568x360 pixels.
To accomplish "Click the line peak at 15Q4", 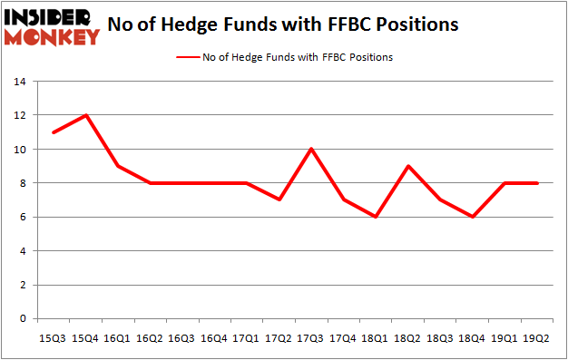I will pos(86,115).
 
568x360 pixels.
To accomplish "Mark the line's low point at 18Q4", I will pos(474,217).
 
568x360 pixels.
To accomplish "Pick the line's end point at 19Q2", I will pos(539,183).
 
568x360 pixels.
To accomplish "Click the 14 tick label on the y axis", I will pos(19,82).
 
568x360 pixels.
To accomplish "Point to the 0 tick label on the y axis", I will pos(22,319).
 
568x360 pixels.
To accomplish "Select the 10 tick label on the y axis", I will pos(19,150).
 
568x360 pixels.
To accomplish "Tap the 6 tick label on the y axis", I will pos(22,218).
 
